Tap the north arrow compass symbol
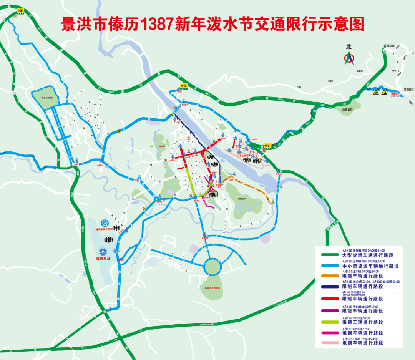point(349,59)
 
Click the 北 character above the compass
point(349,47)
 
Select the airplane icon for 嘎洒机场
point(103,252)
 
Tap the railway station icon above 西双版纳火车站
point(104,224)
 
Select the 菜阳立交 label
point(406,89)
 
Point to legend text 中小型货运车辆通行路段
point(370,266)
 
